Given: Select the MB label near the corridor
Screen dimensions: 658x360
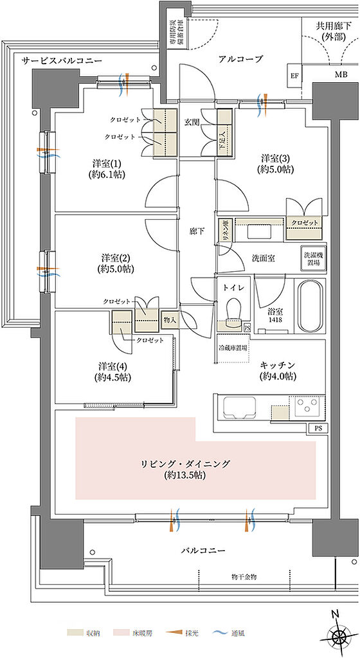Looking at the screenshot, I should [339, 75].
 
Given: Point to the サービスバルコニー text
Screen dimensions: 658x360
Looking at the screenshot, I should [62, 60].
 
